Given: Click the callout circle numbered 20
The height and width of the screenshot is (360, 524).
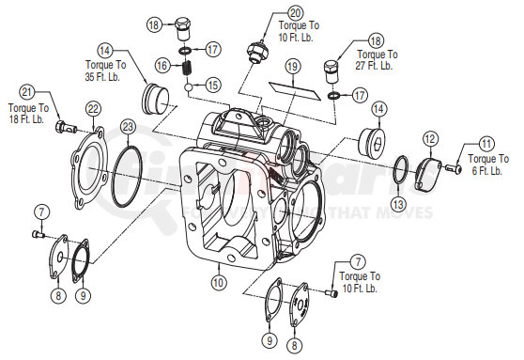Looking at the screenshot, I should [x=296, y=13].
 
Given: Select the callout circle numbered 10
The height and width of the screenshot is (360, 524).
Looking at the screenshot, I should [x=218, y=281].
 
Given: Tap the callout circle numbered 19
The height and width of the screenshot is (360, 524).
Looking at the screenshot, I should [x=293, y=67].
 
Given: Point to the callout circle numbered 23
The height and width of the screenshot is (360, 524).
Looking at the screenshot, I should [x=128, y=126].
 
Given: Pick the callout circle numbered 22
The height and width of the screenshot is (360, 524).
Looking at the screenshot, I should [x=93, y=110].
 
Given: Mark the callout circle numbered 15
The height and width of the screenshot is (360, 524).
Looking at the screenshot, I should [x=213, y=85].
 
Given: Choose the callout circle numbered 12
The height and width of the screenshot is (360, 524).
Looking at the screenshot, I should [x=430, y=139].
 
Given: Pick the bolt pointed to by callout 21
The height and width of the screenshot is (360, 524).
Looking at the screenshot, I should [x=63, y=126].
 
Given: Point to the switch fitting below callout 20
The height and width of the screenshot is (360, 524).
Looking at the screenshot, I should [x=253, y=52].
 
